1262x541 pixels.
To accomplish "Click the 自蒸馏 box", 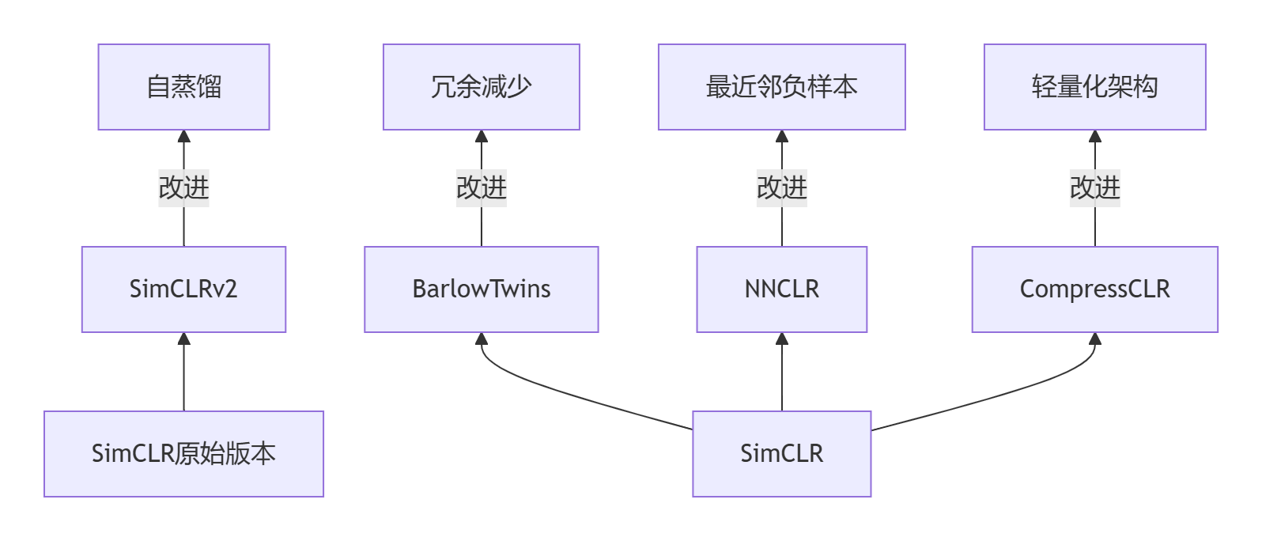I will (183, 87).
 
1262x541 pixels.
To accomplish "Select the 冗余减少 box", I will (481, 87).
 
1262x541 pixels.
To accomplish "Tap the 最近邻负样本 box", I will (781, 87).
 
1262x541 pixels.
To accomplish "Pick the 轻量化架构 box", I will (1094, 87).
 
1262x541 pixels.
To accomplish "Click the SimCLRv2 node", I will (183, 289).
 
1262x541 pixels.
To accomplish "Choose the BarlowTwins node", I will (481, 289).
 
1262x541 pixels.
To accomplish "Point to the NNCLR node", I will (781, 289).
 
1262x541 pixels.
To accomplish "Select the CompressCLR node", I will (1094, 289).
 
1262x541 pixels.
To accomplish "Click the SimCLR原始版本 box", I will (183, 454).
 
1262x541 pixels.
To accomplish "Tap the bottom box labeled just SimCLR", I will (781, 454).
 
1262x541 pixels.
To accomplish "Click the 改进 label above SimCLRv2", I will (183, 188).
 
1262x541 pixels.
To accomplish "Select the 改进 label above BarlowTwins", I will (481, 188).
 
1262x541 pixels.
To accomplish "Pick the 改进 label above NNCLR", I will (781, 188).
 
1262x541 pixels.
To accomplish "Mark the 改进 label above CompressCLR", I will (1094, 188).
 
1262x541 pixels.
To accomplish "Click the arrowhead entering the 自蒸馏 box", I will (183, 137).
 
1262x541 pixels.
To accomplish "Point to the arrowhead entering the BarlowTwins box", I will (481, 339).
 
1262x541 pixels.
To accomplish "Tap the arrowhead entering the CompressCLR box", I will (1094, 339).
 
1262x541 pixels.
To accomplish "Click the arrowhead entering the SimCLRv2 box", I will (183, 339).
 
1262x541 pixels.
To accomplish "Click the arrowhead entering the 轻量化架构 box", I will (1094, 137).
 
